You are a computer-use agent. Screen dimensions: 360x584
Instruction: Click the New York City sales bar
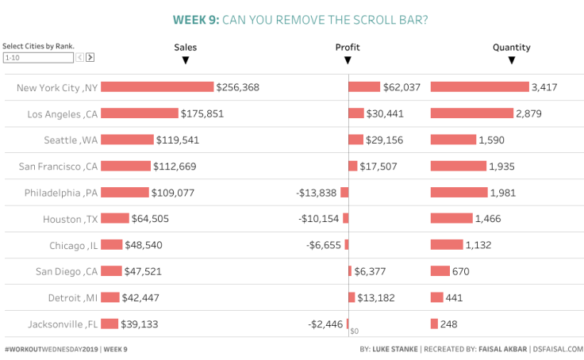click(157, 87)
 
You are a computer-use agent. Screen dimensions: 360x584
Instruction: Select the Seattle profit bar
click(355, 140)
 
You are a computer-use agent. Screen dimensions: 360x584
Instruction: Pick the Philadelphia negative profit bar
click(344, 193)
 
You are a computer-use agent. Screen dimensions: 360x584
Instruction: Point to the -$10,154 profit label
click(318, 219)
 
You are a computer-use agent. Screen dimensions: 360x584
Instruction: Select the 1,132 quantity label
click(478, 245)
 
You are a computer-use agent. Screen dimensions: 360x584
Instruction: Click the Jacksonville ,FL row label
click(62, 324)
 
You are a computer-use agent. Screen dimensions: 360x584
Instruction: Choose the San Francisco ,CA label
click(58, 167)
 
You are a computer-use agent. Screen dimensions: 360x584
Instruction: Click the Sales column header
click(186, 48)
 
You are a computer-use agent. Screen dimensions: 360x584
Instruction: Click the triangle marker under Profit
click(348, 60)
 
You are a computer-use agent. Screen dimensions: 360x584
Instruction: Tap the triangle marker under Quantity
click(512, 60)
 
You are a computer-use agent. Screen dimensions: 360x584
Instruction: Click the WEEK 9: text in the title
click(196, 19)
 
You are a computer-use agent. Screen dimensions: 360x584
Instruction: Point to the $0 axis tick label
click(354, 331)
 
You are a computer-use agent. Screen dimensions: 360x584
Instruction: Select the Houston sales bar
click(115, 219)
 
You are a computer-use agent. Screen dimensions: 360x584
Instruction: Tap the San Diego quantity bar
click(440, 271)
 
